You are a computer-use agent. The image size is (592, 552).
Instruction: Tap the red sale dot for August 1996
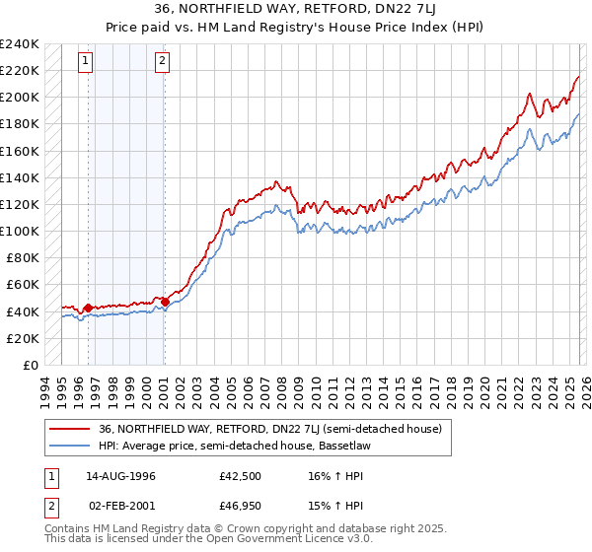tap(88, 309)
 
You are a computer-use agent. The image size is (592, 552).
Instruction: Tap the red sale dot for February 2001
tap(164, 303)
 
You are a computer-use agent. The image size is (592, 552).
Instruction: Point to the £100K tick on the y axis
tap(20, 231)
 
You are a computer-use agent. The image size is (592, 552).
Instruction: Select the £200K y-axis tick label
tap(20, 98)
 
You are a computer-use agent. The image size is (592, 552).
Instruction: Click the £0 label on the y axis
tap(32, 365)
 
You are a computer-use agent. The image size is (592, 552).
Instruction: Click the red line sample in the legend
tap(70, 429)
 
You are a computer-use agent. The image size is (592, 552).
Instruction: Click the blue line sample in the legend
tap(70, 446)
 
